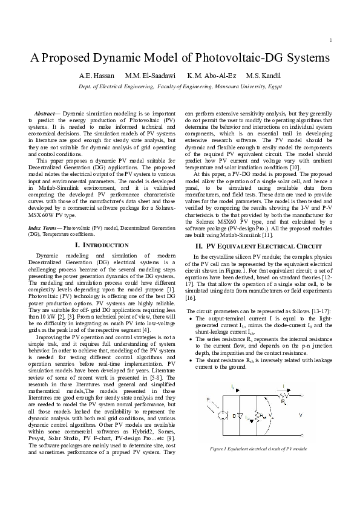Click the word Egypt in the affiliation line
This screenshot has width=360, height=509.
[272, 87]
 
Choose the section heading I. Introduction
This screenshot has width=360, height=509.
[101, 245]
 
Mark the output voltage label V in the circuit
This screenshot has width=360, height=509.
[301, 416]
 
